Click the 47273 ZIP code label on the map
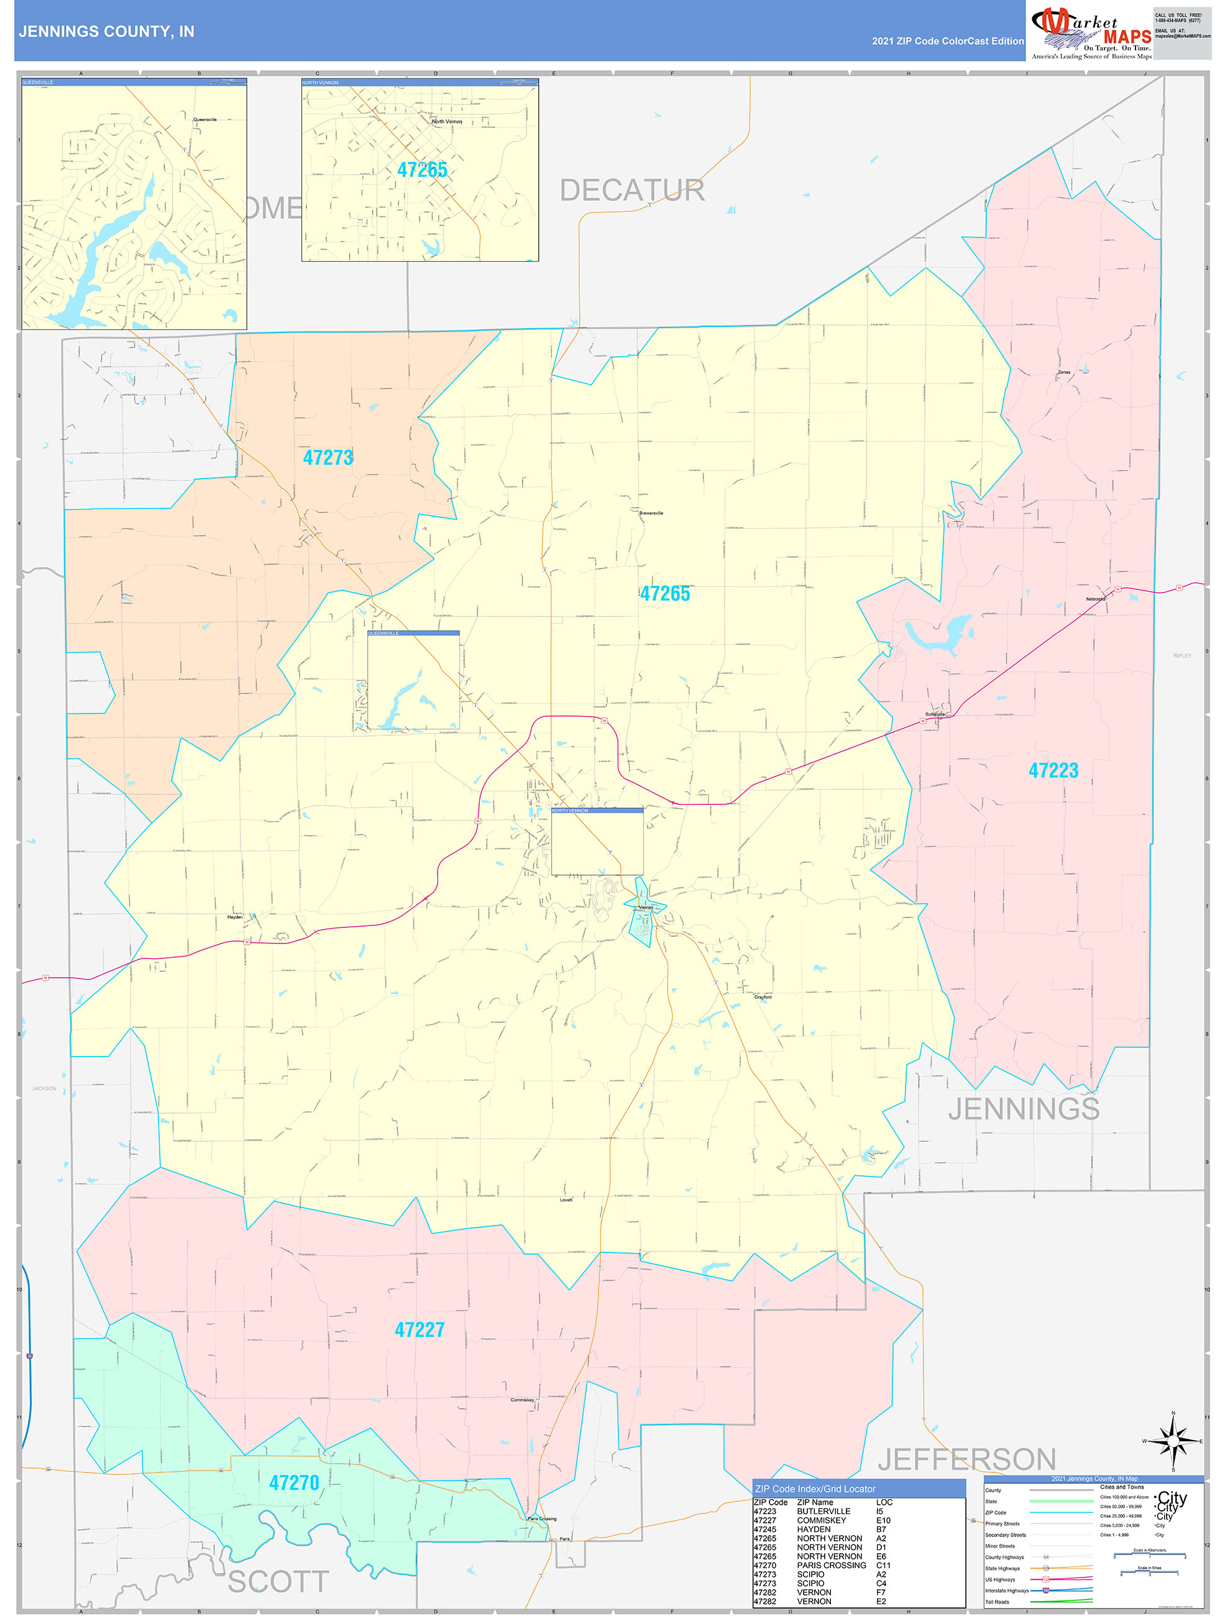click(328, 458)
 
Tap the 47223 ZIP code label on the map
click(1053, 770)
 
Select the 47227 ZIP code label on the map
click(420, 1329)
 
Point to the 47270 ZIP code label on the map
click(295, 1482)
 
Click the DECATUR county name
click(632, 191)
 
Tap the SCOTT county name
click(278, 1582)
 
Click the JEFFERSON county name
click(966, 1459)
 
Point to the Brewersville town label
click(651, 513)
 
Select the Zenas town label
click(1063, 372)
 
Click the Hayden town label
click(234, 917)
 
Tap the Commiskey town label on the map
click(521, 1400)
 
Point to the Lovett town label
click(566, 1200)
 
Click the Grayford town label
click(763, 996)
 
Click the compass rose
click(1173, 1441)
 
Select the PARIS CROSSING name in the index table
click(832, 1565)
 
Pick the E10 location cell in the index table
click(883, 1520)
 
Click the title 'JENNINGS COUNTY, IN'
click(107, 32)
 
